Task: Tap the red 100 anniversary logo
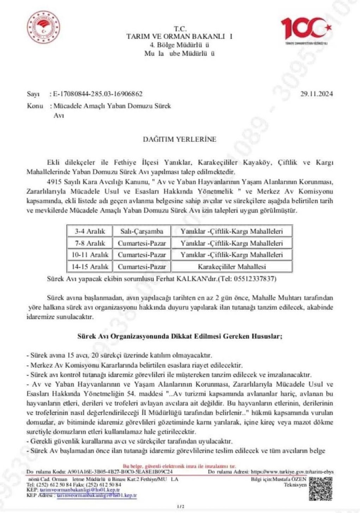tap(306, 30)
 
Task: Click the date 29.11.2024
tap(317, 94)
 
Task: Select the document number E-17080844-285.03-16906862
tap(97, 94)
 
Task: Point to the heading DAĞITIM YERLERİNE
tap(179, 139)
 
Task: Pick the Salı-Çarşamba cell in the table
tap(141, 231)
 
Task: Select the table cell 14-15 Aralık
tap(90, 267)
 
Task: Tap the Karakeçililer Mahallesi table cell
tap(231, 267)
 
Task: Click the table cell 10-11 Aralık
tap(90, 255)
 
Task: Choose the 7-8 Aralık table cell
tap(90, 243)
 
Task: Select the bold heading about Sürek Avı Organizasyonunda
tap(180, 336)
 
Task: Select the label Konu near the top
tap(35, 106)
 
